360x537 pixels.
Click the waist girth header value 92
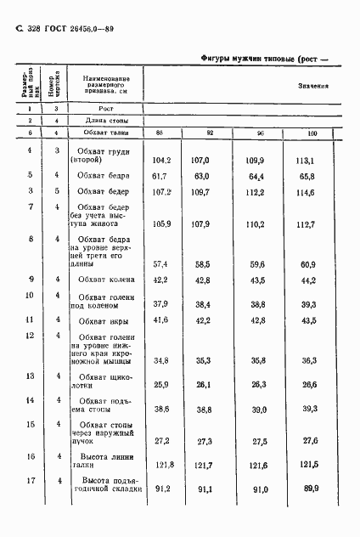click(210, 133)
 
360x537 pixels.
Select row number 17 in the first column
click(31, 481)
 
